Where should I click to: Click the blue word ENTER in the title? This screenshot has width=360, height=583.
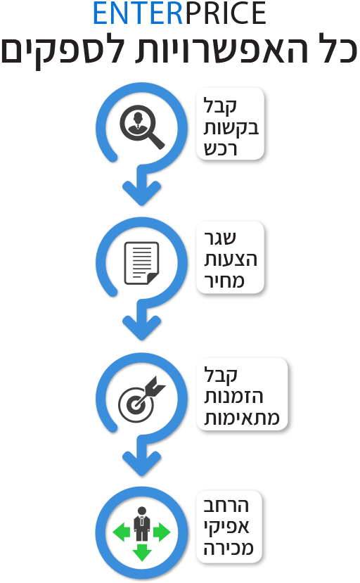(x=138, y=13)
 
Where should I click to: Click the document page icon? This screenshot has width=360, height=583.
(x=141, y=263)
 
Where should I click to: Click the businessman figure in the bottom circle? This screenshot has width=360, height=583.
(x=142, y=523)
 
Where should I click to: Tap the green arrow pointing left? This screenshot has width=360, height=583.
(x=121, y=532)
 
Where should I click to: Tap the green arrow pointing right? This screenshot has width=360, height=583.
(x=162, y=532)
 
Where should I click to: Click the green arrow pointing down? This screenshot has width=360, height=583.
(x=142, y=553)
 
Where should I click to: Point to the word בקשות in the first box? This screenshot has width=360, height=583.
(x=231, y=129)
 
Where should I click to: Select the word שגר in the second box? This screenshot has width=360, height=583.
(x=220, y=238)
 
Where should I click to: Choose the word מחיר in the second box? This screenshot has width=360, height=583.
(x=224, y=281)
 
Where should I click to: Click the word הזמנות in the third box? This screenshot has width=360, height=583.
(x=233, y=397)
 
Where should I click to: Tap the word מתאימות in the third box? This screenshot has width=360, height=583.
(x=242, y=418)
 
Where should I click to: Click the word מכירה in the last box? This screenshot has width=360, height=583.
(x=229, y=548)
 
